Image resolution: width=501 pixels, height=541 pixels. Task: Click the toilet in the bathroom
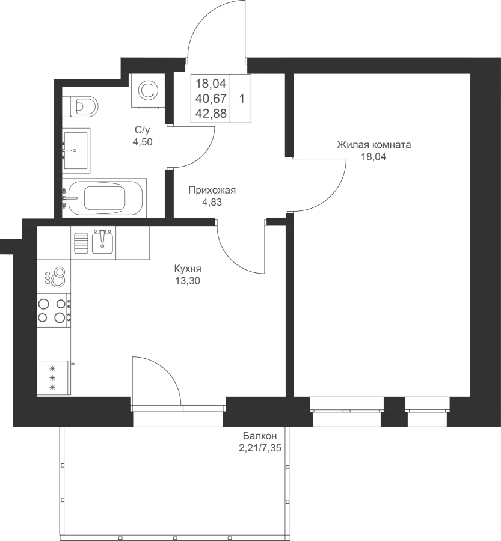84,106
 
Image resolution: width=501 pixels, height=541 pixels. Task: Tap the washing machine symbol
148,90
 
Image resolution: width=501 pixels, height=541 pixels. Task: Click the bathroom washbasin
76,150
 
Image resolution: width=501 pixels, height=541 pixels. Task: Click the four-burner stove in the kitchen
54,310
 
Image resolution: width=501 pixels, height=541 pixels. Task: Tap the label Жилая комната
374,144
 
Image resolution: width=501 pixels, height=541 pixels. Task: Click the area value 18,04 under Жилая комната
373,157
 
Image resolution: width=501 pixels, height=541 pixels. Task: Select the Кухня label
188,269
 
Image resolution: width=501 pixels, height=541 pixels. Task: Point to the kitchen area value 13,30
188,281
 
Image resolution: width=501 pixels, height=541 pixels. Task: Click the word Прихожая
212,190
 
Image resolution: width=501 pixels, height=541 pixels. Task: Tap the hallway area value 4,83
212,202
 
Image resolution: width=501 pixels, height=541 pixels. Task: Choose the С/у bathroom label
143,130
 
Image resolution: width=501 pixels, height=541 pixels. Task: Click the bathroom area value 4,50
143,142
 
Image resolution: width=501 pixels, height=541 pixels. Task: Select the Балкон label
260,436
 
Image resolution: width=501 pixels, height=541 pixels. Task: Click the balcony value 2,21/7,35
260,448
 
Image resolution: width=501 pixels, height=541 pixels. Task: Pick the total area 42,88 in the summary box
211,114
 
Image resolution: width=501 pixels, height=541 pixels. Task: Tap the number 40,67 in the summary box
211,99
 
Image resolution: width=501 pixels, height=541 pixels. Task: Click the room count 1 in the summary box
242,99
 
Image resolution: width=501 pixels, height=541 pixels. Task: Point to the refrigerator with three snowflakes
54,377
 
